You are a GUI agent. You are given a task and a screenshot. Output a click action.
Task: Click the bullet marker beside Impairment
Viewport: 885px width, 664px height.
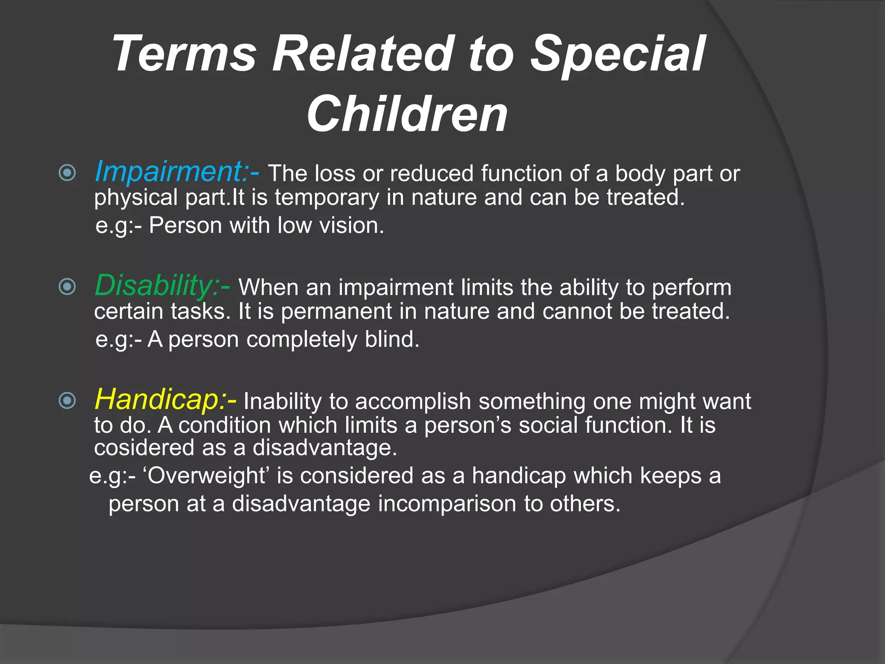pos(67,173)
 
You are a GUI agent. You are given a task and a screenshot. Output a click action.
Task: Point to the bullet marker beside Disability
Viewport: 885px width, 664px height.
pos(67,287)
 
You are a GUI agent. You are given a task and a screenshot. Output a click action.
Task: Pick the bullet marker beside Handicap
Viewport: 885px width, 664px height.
pos(67,400)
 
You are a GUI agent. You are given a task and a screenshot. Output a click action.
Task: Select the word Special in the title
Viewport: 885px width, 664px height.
pos(618,54)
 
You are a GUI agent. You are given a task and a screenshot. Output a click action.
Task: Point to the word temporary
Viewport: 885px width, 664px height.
pos(327,198)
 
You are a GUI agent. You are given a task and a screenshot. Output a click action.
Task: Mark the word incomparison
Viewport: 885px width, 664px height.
pos(447,504)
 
